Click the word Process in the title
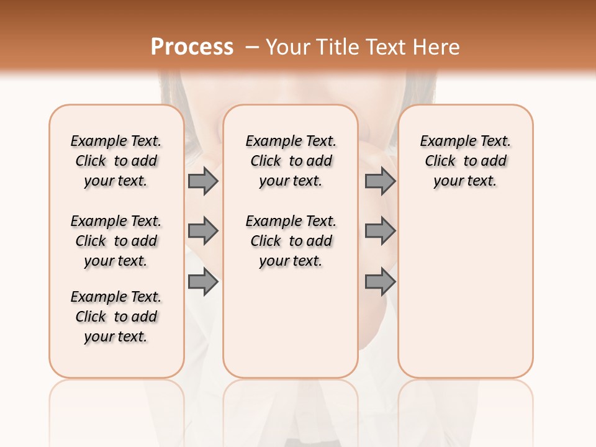point(192,47)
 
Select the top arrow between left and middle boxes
point(202,181)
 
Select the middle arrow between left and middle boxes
point(202,231)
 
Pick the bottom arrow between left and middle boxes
point(202,282)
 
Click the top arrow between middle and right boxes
point(380,181)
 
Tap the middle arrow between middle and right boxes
point(380,231)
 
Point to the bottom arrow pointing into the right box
point(380,282)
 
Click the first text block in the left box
point(116,161)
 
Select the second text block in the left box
point(116,241)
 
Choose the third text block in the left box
point(116,317)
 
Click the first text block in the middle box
point(291,161)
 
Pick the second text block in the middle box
point(291,241)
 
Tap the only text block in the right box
point(465,161)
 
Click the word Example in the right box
point(443,141)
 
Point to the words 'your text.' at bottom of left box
point(116,336)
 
